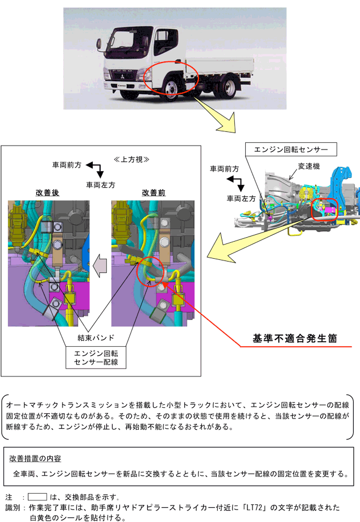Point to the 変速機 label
click(x=309, y=167)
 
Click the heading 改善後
click(x=47, y=193)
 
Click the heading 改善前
click(x=154, y=193)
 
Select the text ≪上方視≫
click(x=131, y=159)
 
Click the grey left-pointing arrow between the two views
click(x=100, y=264)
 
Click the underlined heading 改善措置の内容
click(x=35, y=458)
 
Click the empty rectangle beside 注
click(x=37, y=496)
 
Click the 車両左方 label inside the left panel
click(x=101, y=185)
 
